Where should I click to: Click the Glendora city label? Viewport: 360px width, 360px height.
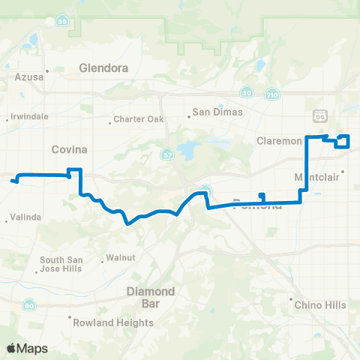pos(103,67)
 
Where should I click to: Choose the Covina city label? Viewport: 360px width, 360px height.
pos(69,149)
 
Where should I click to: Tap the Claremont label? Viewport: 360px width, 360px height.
pos(279,140)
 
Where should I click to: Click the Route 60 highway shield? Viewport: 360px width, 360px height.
pos(28,305)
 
